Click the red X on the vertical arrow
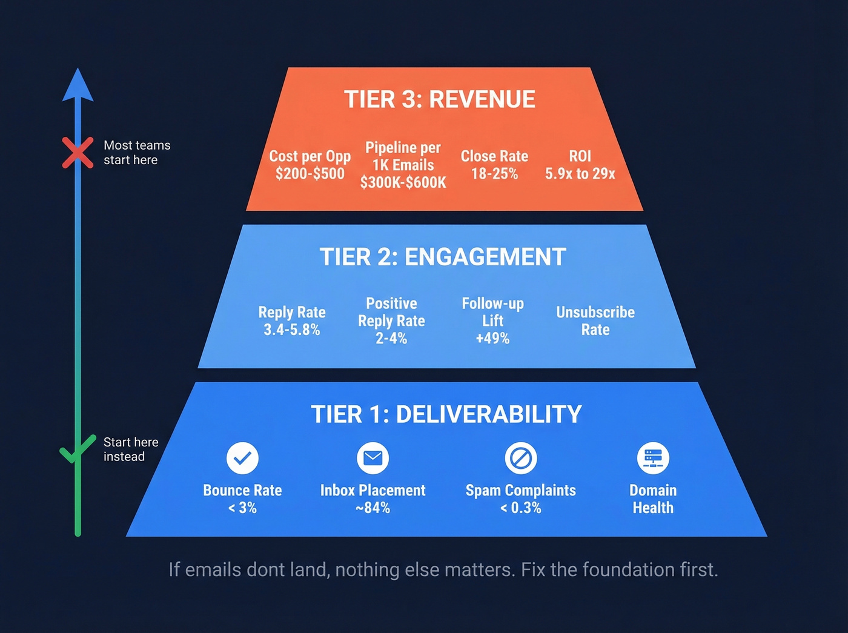click(78, 152)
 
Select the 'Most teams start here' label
click(137, 153)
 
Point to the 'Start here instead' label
click(130, 449)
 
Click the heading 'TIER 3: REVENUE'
click(440, 99)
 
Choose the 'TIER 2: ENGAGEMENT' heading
click(443, 257)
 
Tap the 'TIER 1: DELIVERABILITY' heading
click(446, 414)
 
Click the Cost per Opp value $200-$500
click(310, 174)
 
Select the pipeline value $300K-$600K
click(403, 182)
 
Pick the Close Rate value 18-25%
click(494, 174)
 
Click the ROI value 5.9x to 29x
click(580, 174)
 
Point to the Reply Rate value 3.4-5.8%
click(291, 330)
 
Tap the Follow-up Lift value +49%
click(492, 338)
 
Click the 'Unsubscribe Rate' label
click(595, 320)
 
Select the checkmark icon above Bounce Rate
click(242, 458)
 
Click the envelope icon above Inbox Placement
click(373, 458)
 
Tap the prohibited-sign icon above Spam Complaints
click(521, 458)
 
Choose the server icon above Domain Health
click(653, 458)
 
